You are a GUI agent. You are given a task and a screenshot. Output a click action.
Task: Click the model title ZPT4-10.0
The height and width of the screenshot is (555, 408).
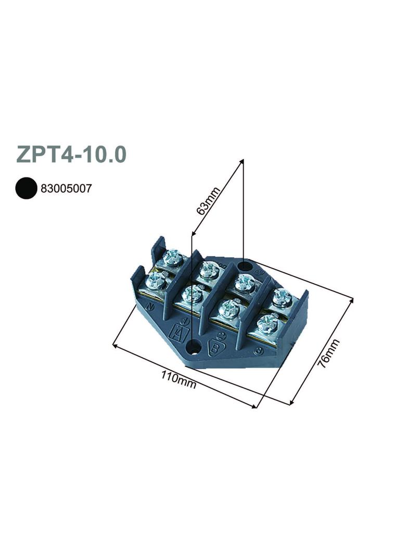71,155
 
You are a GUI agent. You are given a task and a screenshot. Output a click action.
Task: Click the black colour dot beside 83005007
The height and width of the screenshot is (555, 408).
25,188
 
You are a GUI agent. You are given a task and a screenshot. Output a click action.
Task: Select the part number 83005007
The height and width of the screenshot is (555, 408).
66,188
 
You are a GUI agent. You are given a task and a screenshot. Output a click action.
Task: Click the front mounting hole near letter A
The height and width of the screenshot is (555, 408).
194,346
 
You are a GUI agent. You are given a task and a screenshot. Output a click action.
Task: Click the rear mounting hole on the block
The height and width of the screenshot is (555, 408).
245,267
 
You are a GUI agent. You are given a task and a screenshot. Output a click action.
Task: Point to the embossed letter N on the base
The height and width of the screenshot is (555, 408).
150,306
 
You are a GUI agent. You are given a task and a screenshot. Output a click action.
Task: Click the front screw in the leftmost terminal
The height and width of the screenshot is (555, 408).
156,281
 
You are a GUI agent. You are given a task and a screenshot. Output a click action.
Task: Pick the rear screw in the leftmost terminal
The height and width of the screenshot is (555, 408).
173,257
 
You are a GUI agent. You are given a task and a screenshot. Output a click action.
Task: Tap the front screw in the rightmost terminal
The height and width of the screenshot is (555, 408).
268,324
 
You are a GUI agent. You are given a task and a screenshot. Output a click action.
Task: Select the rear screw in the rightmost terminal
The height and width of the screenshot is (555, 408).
283,297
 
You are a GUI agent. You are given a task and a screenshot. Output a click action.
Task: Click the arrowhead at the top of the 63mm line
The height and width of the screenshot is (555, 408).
241,161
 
